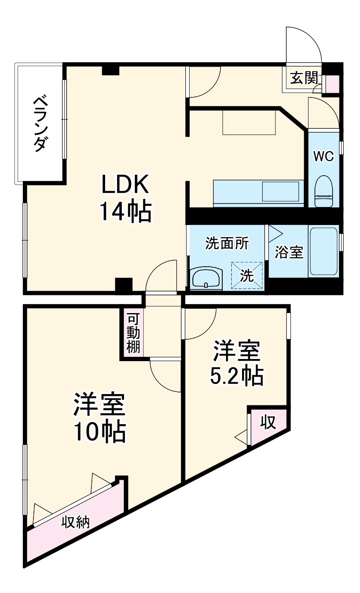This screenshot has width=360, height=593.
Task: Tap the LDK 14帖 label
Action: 125,198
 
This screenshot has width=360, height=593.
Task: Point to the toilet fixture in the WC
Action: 324,192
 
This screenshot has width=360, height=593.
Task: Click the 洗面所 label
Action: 227,243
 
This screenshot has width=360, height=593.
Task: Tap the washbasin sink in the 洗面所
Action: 206,279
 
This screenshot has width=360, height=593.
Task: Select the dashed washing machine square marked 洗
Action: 248,275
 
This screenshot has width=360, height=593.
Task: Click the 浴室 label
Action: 289,252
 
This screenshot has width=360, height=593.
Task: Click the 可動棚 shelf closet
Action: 133,333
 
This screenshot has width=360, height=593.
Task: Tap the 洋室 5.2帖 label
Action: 236,363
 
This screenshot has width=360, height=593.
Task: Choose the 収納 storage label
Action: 76,522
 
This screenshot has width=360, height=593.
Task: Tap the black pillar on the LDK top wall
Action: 110,70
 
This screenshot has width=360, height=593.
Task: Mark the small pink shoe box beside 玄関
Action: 332,84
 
